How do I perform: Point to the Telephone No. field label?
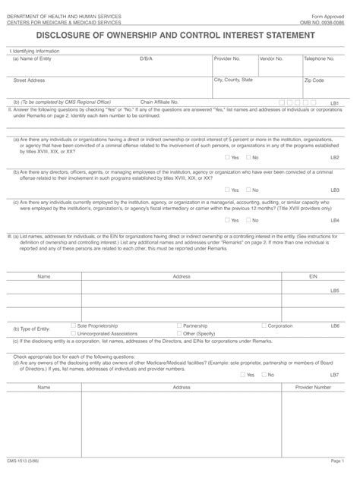tap(319, 58)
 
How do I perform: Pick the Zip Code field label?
tap(314, 80)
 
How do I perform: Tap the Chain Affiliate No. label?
tap(159, 101)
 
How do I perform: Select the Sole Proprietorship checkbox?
tap(73, 324)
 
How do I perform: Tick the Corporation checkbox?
tap(264, 324)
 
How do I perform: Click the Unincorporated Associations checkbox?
tap(73, 332)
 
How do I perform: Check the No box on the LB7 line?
tap(264, 374)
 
